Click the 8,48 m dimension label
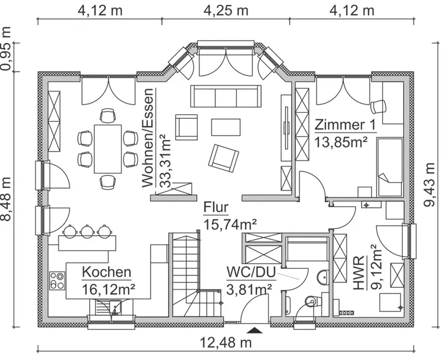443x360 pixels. pyautogui.click(x=7, y=200)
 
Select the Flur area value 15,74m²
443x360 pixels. pyautogui.click(x=230, y=225)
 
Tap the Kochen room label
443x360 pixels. pyautogui.click(x=106, y=273)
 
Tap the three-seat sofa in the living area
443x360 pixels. pyautogui.click(x=225, y=96)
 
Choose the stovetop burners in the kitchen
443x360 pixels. pyautogui.click(x=57, y=280)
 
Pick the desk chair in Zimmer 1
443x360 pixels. pyautogui.click(x=377, y=106)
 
